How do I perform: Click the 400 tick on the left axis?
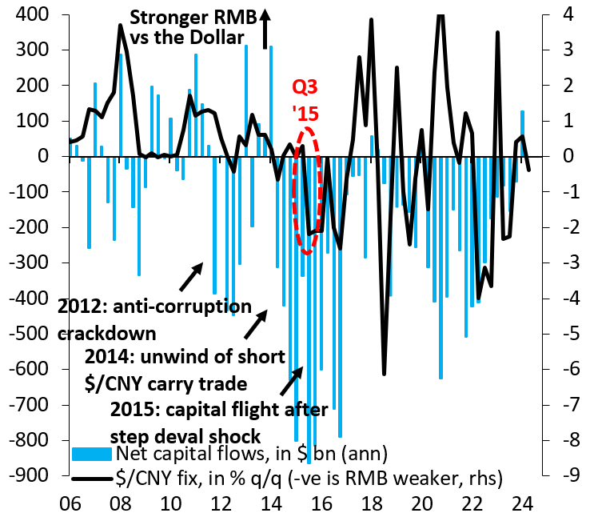(36, 15)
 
